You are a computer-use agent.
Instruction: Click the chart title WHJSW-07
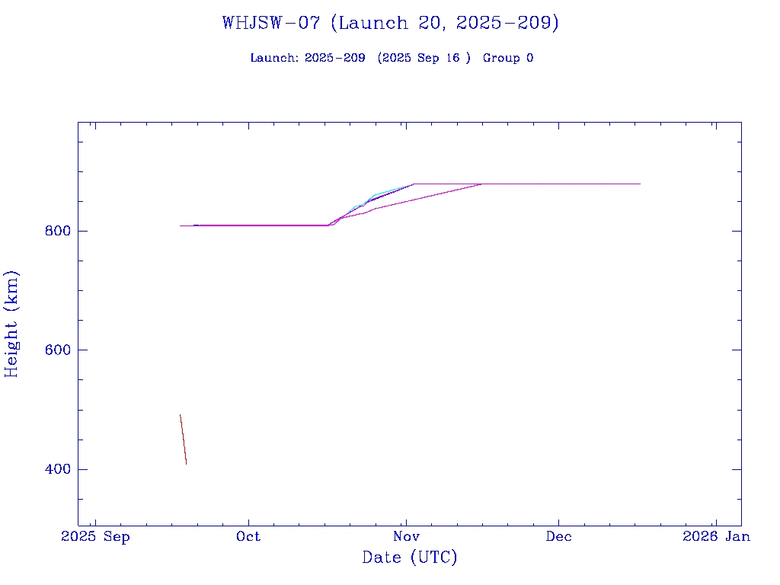pos(271,23)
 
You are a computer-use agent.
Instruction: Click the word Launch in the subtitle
pos(273,58)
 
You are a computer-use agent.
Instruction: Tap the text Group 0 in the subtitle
pos(507,58)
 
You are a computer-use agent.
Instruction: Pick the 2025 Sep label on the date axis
pos(96,536)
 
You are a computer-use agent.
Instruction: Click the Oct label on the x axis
pos(248,536)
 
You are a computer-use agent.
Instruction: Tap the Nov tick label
pos(405,536)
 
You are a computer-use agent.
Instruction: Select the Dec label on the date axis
pos(558,536)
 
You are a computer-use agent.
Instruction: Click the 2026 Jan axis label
pos(716,536)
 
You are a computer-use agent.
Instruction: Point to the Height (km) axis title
pos(12,323)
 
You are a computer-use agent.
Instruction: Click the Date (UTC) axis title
pos(410,558)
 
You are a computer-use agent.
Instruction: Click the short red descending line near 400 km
pos(183,440)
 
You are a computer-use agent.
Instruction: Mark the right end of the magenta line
pos(640,184)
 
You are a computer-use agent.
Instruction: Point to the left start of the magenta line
pos(181,225)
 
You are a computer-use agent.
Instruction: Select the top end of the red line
pos(180,415)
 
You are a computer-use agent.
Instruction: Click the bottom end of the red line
pos(186,463)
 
